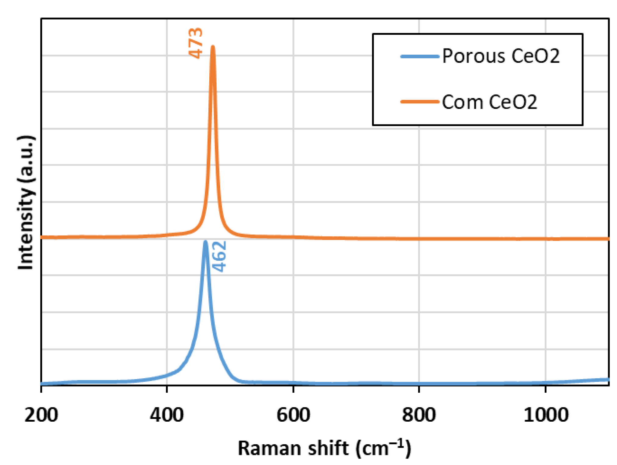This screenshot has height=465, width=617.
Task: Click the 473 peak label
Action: (196, 43)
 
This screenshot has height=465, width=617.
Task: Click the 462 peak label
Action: (219, 256)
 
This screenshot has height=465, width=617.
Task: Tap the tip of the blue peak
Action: (205, 242)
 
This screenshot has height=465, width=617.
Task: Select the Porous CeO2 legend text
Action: (501, 56)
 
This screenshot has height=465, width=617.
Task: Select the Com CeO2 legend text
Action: (489, 102)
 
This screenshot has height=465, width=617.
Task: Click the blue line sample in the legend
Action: (420, 56)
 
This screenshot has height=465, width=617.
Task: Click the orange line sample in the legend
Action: (420, 102)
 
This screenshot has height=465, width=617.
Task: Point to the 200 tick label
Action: (41, 415)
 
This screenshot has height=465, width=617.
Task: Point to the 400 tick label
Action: (167, 415)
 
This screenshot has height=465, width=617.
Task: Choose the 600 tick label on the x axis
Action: (293, 415)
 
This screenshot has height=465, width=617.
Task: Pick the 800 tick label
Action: (419, 415)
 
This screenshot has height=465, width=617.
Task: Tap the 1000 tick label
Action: (546, 415)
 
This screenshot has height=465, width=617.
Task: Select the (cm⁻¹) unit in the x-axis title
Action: (383, 448)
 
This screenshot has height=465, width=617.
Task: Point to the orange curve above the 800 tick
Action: (419, 239)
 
